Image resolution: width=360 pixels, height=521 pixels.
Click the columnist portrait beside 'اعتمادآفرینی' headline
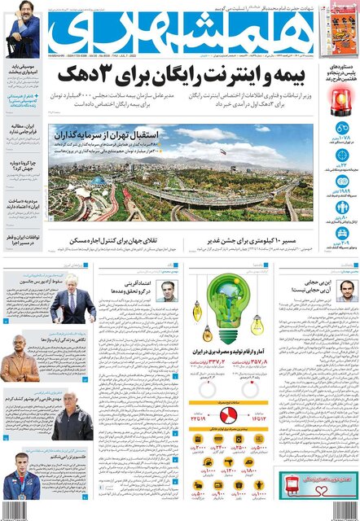tap(167, 291)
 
